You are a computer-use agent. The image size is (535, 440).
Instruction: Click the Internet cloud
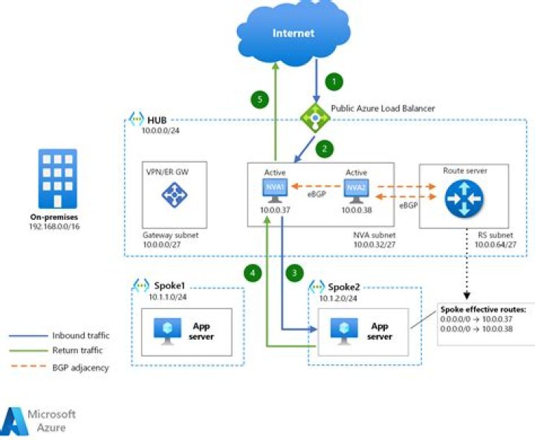[293, 33]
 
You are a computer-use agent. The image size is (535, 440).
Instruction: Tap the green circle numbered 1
[335, 80]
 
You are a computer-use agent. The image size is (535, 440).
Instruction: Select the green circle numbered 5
[259, 99]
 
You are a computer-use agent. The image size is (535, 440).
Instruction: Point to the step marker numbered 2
[324, 148]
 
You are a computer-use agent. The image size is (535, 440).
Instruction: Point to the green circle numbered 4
[253, 273]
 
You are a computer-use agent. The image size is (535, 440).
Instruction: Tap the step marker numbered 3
[296, 273]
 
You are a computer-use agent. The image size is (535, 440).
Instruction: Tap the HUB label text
[157, 120]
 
